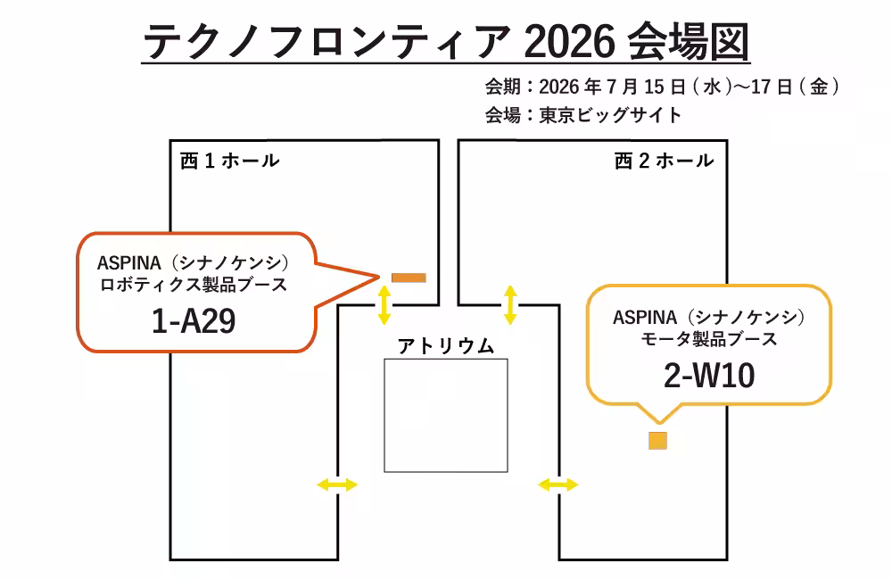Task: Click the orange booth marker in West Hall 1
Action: (409, 278)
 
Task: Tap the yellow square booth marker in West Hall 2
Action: (657, 441)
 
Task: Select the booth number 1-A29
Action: (194, 321)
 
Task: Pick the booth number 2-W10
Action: (709, 376)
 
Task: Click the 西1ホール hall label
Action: (229, 162)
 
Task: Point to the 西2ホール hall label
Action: (664, 162)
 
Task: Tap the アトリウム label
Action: (446, 346)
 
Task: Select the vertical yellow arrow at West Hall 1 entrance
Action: (384, 305)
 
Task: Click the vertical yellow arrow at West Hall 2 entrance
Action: (510, 305)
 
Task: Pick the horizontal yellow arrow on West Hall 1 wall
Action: (337, 485)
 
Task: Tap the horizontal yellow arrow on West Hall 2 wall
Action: (558, 485)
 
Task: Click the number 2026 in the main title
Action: (569, 42)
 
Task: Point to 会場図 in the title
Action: (689, 42)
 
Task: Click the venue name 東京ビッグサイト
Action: (610, 115)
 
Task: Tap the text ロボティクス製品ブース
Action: (194, 285)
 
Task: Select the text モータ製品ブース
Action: (709, 339)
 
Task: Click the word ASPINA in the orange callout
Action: (129, 263)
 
